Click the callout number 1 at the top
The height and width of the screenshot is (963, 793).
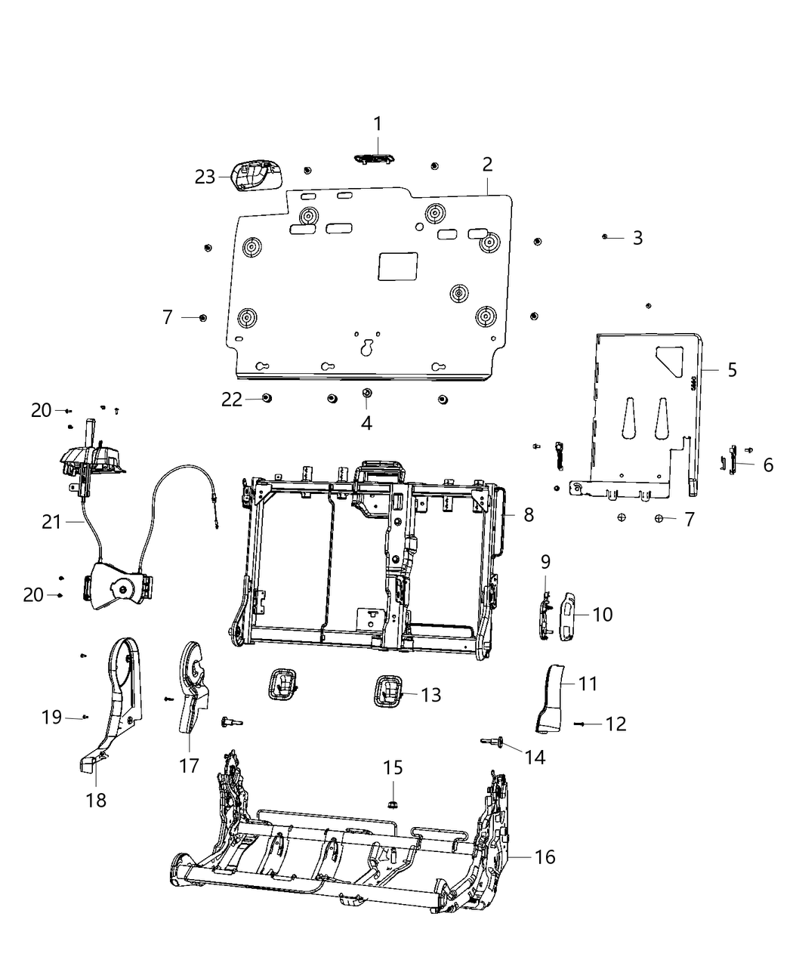377,124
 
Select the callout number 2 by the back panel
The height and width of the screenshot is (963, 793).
487,165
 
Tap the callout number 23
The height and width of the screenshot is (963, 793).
205,177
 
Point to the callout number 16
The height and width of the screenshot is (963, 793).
545,857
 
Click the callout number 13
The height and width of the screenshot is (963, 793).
430,695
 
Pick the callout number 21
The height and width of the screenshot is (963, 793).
51,521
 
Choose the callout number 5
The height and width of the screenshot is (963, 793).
732,370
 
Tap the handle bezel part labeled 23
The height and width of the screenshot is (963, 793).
257,176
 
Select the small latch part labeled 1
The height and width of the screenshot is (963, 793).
374,158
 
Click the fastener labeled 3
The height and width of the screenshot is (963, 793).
606,237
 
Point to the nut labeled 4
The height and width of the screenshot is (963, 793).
366,393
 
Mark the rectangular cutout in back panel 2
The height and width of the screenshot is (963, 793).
397,266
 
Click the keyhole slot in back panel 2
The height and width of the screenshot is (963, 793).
367,348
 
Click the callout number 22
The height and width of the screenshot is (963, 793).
232,399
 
